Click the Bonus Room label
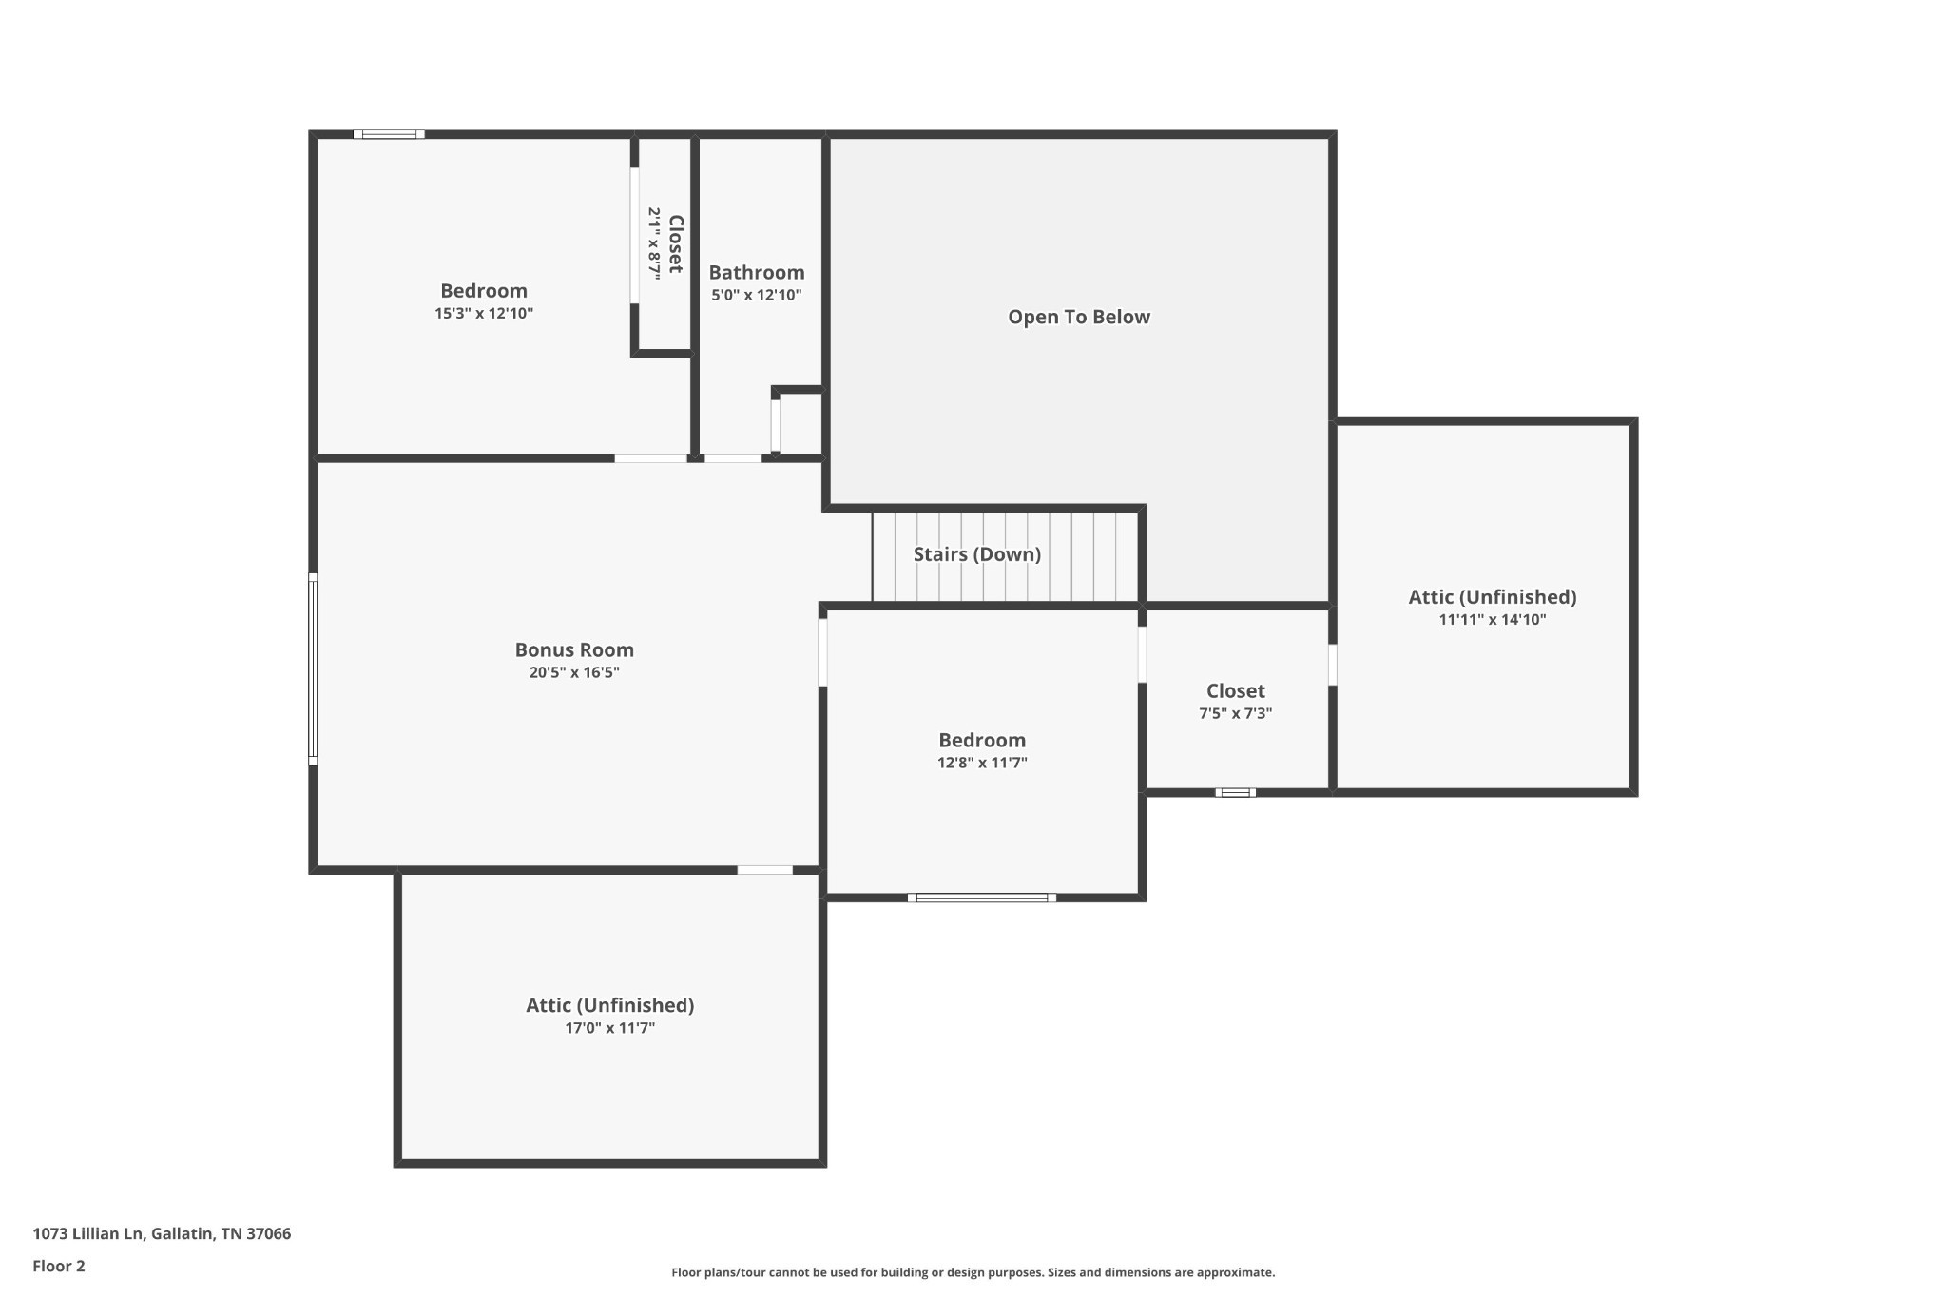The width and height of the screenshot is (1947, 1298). [x=574, y=650]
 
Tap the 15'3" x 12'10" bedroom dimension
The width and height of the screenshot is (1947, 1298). [x=484, y=314]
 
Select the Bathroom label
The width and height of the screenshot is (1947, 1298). [x=757, y=273]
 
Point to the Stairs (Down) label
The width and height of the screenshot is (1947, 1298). [x=977, y=554]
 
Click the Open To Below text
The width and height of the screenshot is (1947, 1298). [x=1079, y=318]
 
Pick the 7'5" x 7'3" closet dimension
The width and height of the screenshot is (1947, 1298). [x=1236, y=713]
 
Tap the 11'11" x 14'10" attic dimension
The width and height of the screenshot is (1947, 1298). [x=1493, y=620]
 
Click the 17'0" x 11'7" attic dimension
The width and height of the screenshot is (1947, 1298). [x=610, y=1028]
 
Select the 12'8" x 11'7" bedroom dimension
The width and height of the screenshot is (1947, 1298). [x=982, y=763]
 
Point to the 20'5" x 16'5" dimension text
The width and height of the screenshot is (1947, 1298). [x=574, y=673]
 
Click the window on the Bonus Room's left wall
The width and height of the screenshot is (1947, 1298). [x=313, y=668]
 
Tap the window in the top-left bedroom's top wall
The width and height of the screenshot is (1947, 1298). [x=389, y=134]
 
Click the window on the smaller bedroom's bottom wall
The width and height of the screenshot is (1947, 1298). [x=982, y=898]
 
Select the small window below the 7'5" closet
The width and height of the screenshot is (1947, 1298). [x=1235, y=792]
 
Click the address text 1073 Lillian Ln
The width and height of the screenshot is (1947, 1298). [x=88, y=1233]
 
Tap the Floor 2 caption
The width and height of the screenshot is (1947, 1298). [x=59, y=1266]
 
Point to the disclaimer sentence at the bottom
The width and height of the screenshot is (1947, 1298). [x=973, y=1272]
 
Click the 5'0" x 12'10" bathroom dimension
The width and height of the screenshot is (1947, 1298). [x=757, y=296]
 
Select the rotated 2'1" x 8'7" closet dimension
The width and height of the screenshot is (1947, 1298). [x=654, y=243]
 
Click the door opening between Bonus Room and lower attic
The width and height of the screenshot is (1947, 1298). [x=765, y=870]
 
